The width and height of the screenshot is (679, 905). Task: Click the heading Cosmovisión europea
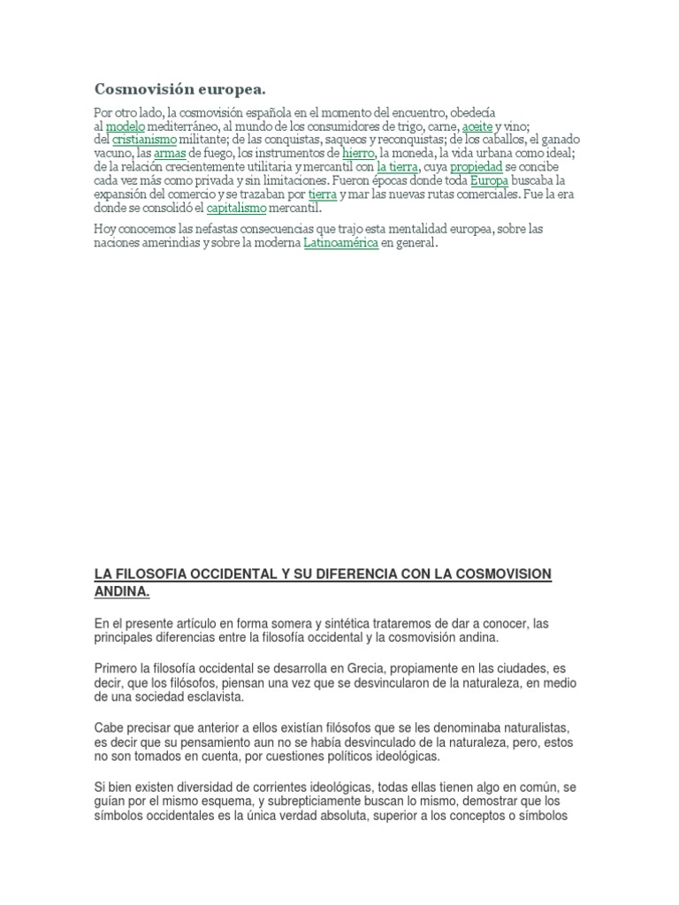(x=179, y=89)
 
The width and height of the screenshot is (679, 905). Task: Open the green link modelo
(x=125, y=127)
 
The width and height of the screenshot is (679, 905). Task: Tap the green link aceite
(x=477, y=127)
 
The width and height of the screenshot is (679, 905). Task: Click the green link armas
(x=170, y=153)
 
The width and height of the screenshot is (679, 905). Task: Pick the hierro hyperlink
(x=358, y=153)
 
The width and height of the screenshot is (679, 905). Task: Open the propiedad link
(x=476, y=166)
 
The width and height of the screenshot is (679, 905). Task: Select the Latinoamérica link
(x=341, y=243)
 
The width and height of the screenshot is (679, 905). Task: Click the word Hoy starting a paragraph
(x=105, y=230)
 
